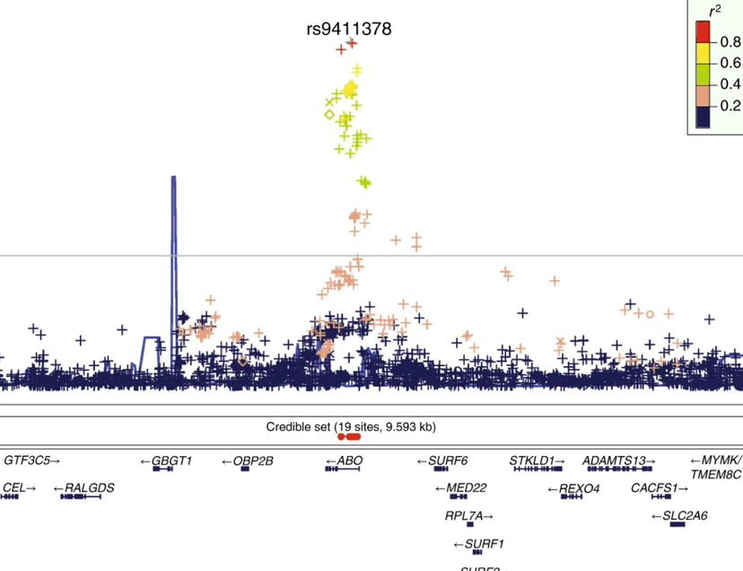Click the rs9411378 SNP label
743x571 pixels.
[348, 29]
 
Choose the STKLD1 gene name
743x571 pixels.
[532, 461]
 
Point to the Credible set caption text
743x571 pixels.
[351, 426]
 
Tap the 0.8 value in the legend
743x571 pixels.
[730, 41]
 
